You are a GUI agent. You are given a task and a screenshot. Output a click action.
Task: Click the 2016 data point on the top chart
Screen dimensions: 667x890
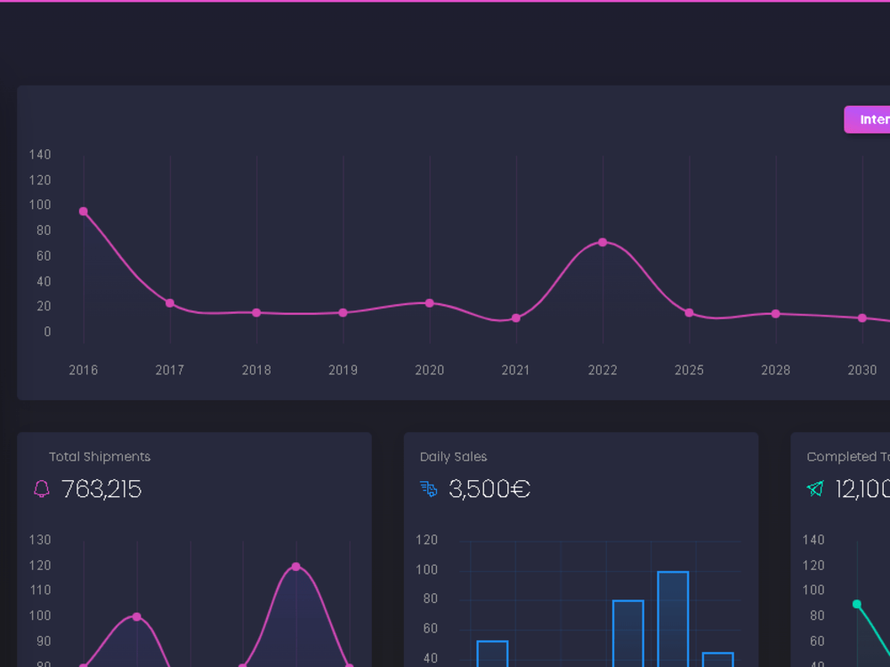click(84, 212)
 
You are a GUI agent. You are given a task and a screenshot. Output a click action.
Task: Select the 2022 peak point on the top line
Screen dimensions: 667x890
click(603, 242)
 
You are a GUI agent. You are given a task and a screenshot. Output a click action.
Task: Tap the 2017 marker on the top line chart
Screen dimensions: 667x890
click(170, 303)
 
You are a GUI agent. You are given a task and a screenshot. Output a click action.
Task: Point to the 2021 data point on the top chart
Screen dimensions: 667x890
click(516, 318)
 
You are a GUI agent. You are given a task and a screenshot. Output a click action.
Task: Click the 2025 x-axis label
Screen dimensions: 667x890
click(689, 370)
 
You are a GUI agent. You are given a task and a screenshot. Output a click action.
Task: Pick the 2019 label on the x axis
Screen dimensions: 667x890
click(343, 370)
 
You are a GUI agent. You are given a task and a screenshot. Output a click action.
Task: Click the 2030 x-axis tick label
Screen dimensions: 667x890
click(862, 370)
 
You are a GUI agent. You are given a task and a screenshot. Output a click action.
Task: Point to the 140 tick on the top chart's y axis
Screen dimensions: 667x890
click(40, 155)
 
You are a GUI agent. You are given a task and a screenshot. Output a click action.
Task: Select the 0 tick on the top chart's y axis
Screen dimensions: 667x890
click(47, 332)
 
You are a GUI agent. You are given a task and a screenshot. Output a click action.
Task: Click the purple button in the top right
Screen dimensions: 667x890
click(868, 119)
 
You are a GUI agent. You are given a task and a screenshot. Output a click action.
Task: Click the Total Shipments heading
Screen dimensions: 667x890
click(100, 456)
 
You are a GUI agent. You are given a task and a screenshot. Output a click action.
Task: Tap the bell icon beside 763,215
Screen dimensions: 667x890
click(42, 489)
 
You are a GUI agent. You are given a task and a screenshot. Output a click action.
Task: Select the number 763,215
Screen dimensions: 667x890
click(101, 489)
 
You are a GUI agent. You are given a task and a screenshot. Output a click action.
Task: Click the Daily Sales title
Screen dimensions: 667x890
click(453, 456)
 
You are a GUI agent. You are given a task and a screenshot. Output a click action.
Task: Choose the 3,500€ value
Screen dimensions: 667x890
click(489, 489)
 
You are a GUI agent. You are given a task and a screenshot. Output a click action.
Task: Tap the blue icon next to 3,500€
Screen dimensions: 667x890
click(429, 489)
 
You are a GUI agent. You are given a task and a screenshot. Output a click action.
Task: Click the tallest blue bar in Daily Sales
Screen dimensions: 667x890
click(673, 618)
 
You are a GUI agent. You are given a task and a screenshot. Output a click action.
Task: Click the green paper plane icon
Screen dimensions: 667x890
click(815, 488)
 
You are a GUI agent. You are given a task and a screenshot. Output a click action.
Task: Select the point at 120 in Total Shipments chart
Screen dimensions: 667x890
click(295, 567)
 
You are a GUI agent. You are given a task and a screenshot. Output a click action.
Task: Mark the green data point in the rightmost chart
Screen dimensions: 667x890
click(857, 604)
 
